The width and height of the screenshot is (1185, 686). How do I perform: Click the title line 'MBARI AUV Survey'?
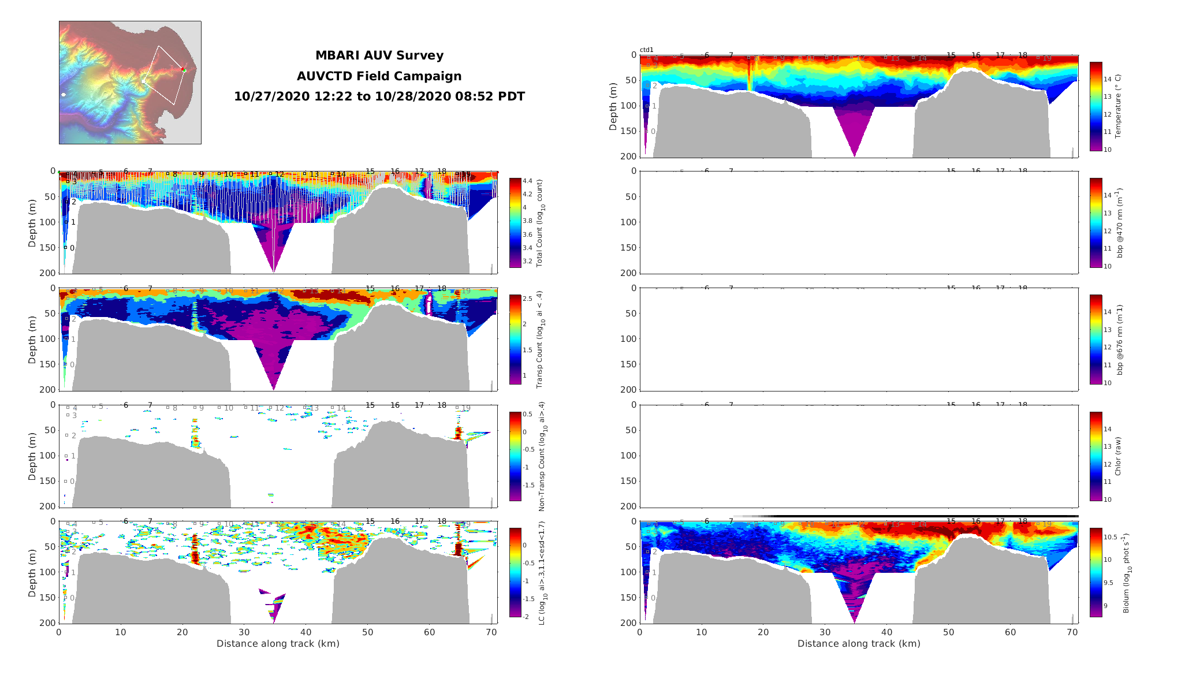click(379, 55)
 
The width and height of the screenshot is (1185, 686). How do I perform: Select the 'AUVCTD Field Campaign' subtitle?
click(379, 76)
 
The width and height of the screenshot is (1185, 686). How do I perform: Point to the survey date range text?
click(379, 96)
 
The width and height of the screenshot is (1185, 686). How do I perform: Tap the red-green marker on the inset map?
click(184, 70)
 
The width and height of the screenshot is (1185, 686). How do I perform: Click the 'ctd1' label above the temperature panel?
click(647, 50)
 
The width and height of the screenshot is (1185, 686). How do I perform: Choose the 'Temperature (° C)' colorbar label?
click(1118, 106)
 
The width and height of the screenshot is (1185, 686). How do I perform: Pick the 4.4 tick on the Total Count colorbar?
click(527, 181)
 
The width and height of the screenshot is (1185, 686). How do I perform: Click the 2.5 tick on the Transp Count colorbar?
click(527, 299)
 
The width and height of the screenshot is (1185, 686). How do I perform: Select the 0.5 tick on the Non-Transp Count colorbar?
click(527, 415)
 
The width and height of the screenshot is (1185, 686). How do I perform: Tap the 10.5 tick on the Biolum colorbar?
click(1110, 537)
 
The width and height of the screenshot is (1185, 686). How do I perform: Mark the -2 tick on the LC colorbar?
click(526, 617)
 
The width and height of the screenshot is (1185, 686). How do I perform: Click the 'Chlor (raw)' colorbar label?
click(1118, 456)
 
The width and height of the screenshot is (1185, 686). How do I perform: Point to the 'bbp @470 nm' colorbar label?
click(1119, 222)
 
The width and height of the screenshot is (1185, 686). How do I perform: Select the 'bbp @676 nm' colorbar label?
click(1119, 340)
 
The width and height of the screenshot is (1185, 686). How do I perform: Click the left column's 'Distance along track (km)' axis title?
click(278, 644)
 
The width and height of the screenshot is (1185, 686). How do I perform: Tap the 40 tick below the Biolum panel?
click(887, 632)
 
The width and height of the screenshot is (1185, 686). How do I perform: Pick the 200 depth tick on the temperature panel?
click(629, 156)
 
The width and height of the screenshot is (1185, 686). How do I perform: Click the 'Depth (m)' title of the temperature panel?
click(613, 106)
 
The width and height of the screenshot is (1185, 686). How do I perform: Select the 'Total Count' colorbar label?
click(540, 222)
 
